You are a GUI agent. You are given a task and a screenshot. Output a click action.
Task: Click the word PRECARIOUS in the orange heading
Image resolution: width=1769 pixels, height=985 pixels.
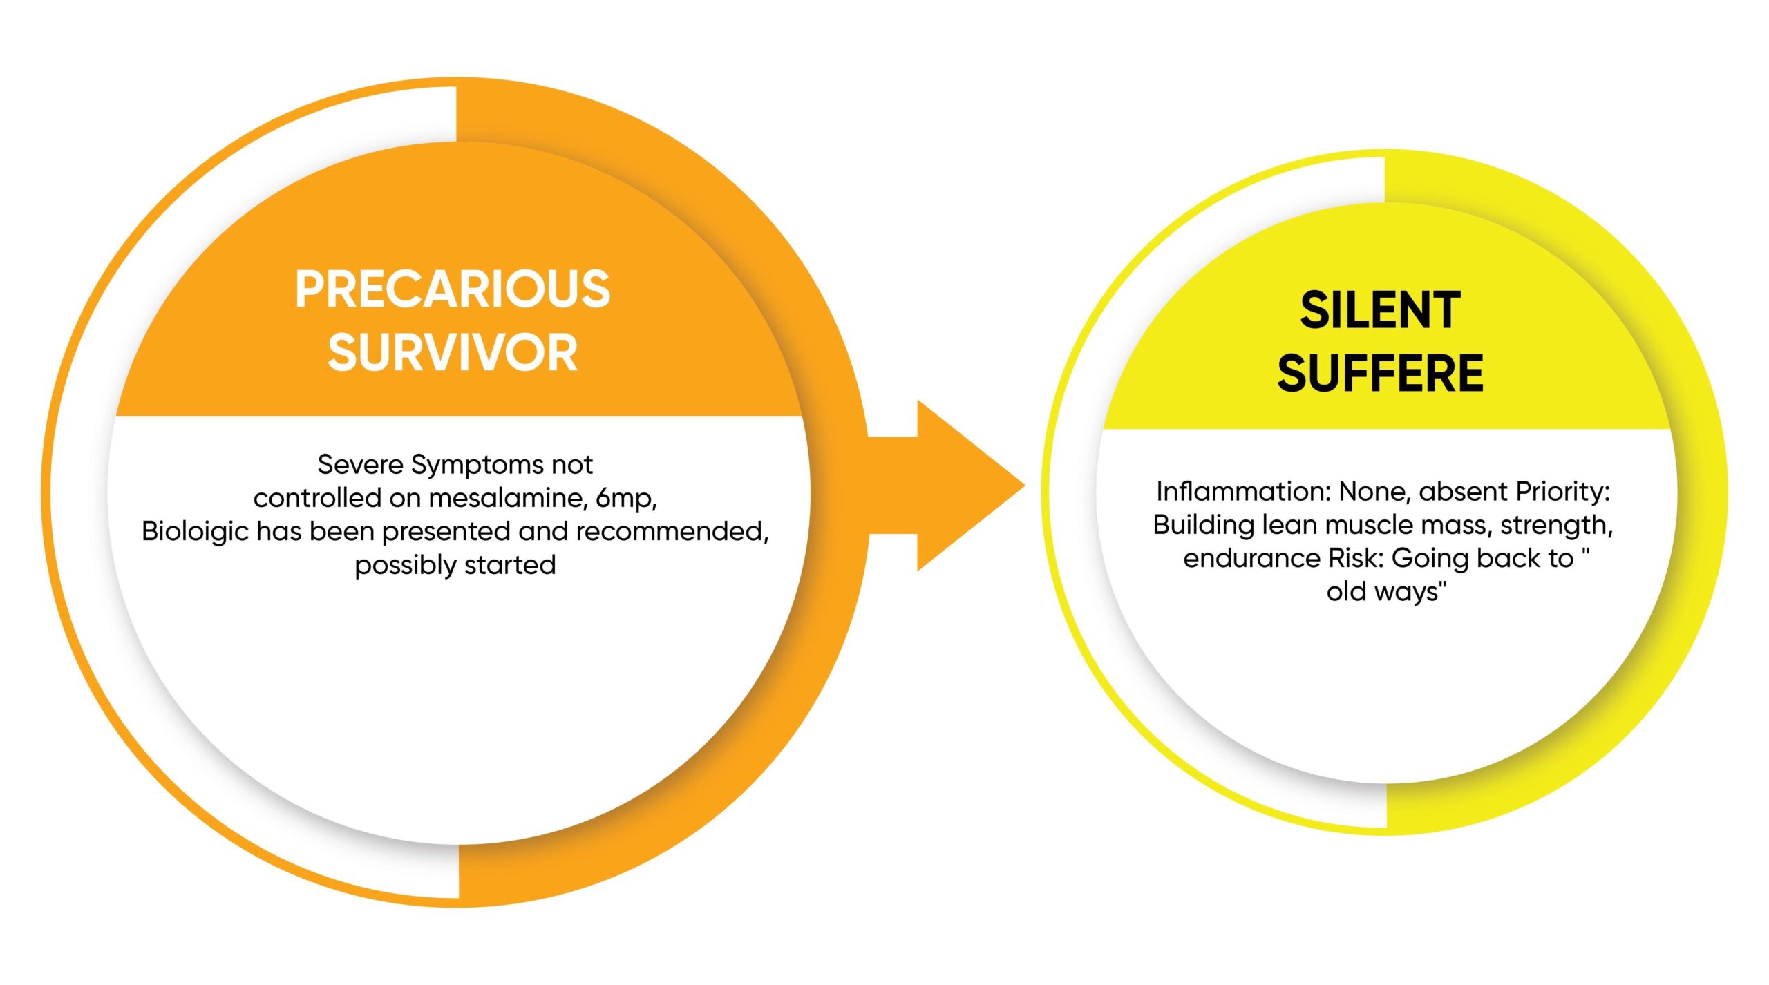click(x=453, y=289)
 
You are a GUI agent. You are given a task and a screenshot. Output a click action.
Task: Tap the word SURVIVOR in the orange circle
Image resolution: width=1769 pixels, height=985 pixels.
click(x=453, y=352)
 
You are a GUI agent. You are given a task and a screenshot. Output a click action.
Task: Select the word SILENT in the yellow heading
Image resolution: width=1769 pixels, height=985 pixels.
click(x=1380, y=309)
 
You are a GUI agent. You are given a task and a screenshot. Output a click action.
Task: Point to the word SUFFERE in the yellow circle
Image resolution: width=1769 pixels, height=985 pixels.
click(x=1380, y=372)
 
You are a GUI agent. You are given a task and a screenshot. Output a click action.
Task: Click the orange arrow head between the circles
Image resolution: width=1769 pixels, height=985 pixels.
click(x=967, y=486)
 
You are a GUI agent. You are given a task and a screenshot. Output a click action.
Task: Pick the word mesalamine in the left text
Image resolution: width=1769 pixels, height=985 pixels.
click(x=508, y=498)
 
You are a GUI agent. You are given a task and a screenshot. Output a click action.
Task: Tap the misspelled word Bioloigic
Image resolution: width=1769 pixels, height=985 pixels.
click(x=195, y=532)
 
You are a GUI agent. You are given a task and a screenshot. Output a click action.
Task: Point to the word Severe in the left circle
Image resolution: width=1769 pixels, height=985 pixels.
click(x=360, y=464)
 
